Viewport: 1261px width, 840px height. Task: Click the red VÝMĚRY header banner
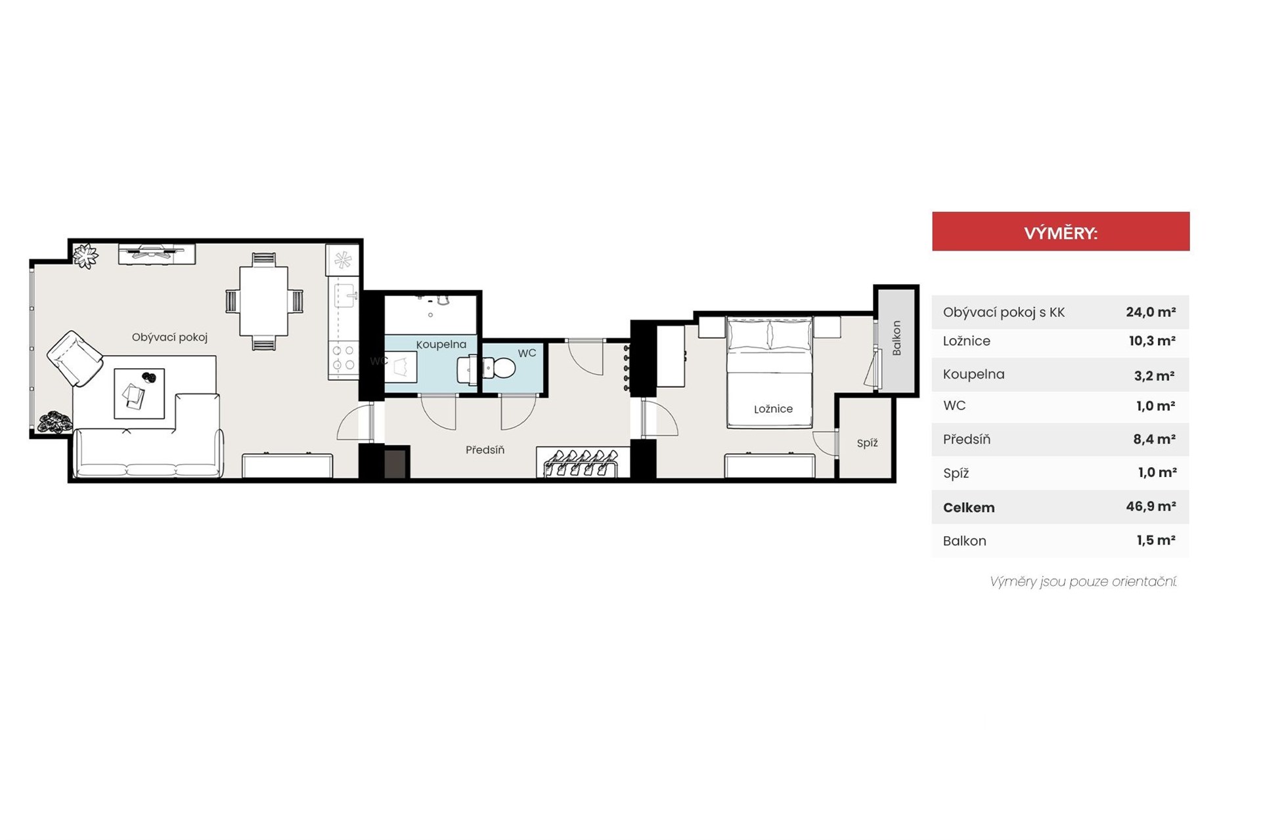coord(1061,231)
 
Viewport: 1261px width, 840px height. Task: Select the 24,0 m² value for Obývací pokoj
coord(1151,312)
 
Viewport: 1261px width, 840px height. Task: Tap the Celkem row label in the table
coord(969,507)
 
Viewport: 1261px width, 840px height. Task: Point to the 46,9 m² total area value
coord(1151,507)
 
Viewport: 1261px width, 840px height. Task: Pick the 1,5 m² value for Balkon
coord(1156,540)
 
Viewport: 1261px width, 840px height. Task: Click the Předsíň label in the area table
coord(967,439)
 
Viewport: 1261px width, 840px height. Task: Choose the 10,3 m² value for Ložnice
coord(1151,341)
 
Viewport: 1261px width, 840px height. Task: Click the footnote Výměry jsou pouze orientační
coord(1083,581)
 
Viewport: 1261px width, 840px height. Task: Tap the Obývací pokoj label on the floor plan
coord(169,337)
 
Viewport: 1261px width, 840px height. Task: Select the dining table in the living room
coord(263,301)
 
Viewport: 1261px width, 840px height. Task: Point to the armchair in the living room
coord(75,359)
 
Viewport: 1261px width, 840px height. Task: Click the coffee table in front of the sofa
coord(139,393)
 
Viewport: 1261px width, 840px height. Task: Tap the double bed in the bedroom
coord(769,373)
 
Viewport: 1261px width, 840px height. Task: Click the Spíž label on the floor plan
coord(867,443)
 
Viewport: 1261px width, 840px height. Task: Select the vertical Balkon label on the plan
coord(896,338)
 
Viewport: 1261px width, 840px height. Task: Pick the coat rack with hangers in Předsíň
coord(581,462)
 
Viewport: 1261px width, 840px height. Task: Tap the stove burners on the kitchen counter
coord(343,358)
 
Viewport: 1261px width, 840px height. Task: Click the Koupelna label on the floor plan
coord(441,345)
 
